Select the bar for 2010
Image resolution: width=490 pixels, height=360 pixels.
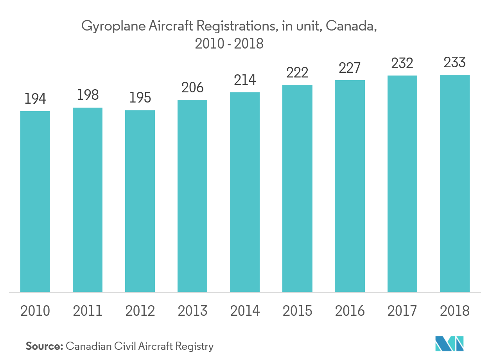(35, 202)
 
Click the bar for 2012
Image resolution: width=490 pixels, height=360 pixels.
(140, 201)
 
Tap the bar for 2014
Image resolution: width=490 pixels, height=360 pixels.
(245, 192)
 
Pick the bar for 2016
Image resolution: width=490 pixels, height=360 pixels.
(350, 186)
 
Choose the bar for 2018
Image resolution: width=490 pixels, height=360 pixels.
(454, 184)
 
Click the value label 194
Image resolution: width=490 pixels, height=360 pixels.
(35, 99)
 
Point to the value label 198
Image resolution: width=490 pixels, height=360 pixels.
(88, 95)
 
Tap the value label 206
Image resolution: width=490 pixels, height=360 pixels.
(192, 88)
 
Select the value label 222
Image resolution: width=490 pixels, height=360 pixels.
(297, 72)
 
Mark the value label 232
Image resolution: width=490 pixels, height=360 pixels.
(402, 63)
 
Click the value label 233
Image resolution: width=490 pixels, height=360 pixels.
(454, 62)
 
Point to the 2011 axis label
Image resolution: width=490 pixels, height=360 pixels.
(88, 311)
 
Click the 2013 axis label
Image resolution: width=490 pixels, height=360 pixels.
(192, 311)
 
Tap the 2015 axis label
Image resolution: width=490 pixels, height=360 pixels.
(297, 311)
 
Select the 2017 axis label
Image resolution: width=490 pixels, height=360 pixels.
(402, 311)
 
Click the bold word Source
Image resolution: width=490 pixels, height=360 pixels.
(44, 346)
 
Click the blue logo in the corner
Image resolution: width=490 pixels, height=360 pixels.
(449, 343)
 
